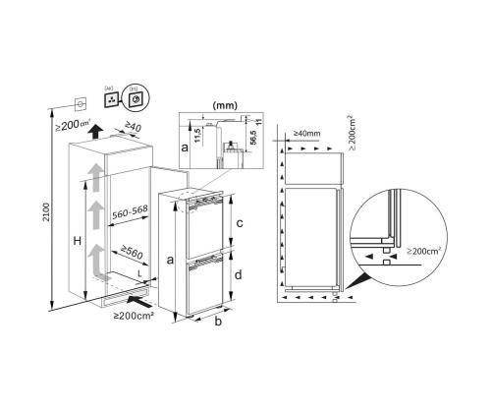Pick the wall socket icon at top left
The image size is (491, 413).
[78, 102]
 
